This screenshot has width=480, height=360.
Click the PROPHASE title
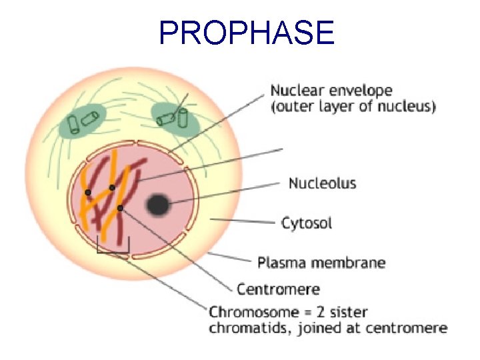click(247, 32)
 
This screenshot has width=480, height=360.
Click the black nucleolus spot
click(157, 205)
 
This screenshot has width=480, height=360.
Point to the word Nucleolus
click(322, 183)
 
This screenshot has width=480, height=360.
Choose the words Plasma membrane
click(321, 262)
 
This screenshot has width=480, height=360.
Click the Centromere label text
click(278, 289)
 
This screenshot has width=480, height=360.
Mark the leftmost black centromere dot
click(88, 193)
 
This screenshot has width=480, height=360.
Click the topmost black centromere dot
click(112, 187)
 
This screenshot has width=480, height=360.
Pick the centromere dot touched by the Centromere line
click(120, 209)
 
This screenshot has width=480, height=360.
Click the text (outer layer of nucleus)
click(353, 107)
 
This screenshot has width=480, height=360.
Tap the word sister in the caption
click(349, 312)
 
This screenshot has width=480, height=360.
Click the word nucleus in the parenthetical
click(409, 107)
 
